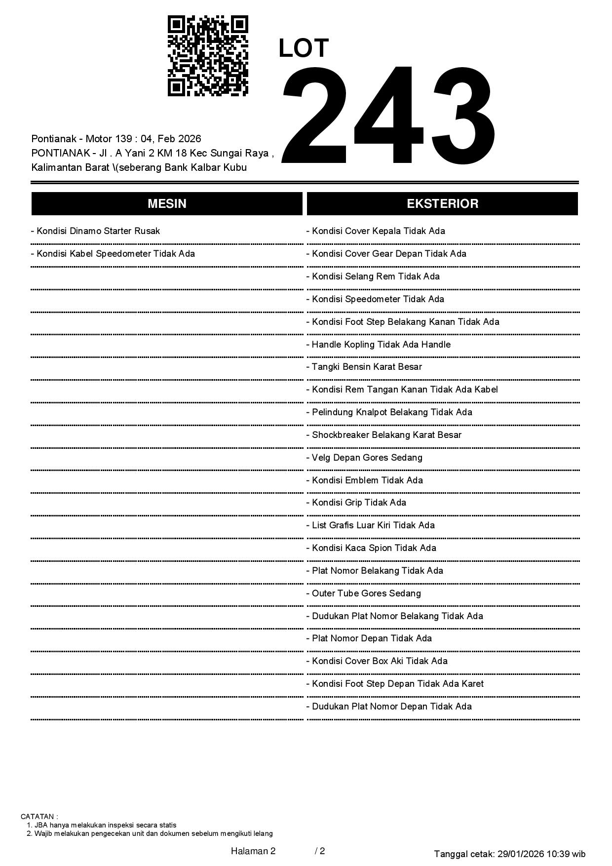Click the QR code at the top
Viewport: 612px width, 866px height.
point(208,56)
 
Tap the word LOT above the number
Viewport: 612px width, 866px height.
point(304,48)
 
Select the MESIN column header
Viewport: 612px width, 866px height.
point(167,204)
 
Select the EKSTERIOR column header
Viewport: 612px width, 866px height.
point(442,204)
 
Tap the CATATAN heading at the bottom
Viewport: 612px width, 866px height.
point(39,817)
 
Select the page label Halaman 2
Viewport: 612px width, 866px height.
point(253,851)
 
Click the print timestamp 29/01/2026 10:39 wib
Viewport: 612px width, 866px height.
point(541,854)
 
